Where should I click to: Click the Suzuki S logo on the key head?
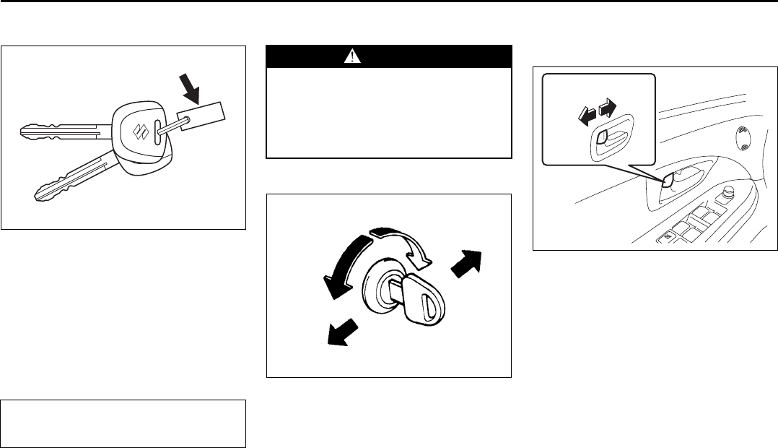tap(139, 131)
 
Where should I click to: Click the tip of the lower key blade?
tap(40, 194)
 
